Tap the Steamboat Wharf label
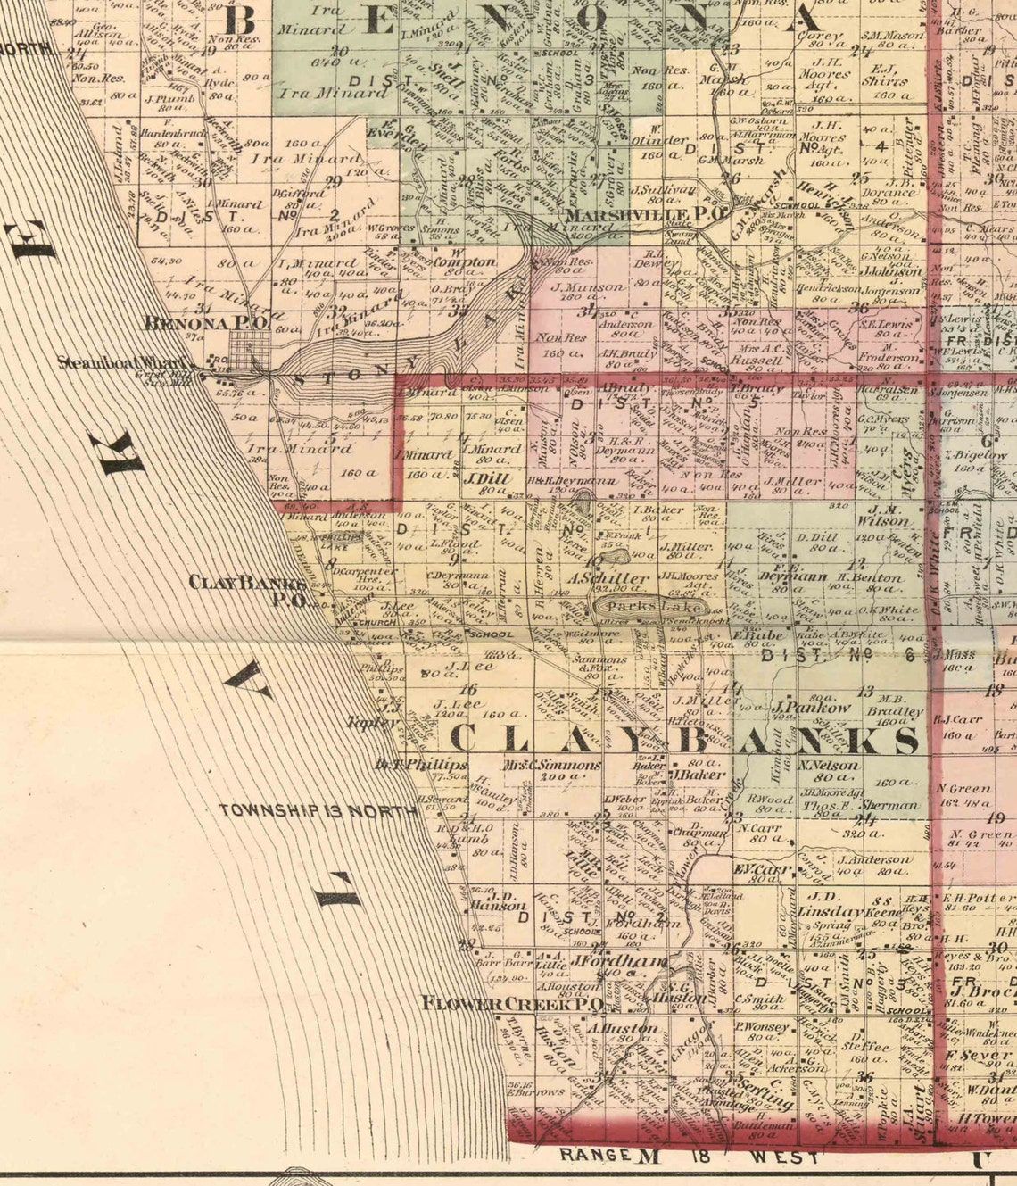pyautogui.click(x=123, y=363)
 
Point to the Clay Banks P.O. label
pyautogui.click(x=248, y=590)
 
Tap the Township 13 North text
pyautogui.click(x=318, y=811)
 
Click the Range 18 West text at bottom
pyautogui.click(x=689, y=1157)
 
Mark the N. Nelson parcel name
pyautogui.click(x=830, y=766)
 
